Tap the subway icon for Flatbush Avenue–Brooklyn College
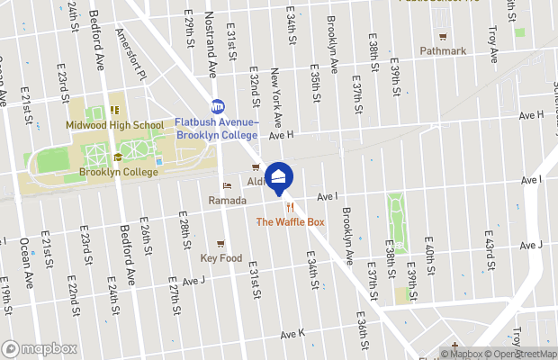pyautogui.click(x=217, y=105)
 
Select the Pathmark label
pyautogui.click(x=443, y=51)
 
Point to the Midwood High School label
pyautogui.click(x=114, y=125)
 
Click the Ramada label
pyautogui.click(x=227, y=199)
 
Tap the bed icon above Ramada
pyautogui.click(x=227, y=186)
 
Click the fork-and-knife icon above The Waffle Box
pyautogui.click(x=289, y=207)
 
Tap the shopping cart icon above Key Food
pyautogui.click(x=220, y=244)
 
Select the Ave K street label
pyautogui.click(x=292, y=334)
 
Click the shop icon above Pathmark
pyautogui.click(x=443, y=37)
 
